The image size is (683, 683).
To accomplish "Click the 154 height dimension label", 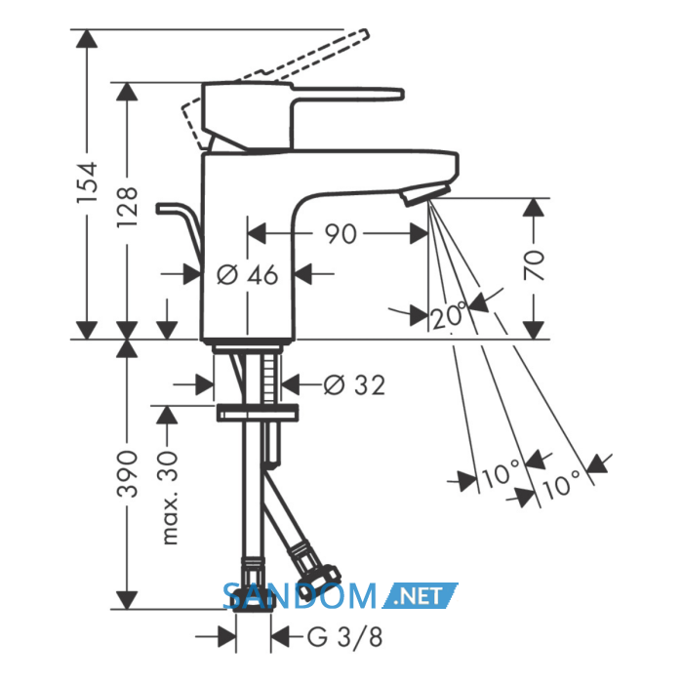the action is click(x=87, y=182).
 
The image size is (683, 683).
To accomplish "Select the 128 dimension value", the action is click(x=127, y=207).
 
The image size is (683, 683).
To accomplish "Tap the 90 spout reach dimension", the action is click(x=341, y=234).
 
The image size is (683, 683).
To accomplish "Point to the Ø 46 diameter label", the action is click(x=247, y=275).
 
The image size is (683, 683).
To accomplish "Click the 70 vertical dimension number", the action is click(x=534, y=264).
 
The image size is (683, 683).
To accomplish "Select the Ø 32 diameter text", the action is click(x=354, y=385).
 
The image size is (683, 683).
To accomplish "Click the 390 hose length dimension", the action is click(x=127, y=474).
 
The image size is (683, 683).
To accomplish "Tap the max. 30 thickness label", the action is click(x=170, y=498).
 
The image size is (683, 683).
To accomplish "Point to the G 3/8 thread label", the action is click(x=345, y=637).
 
